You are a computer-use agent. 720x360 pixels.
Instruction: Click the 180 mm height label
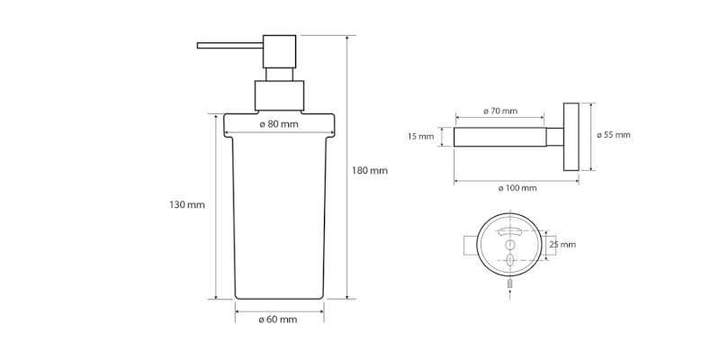370,171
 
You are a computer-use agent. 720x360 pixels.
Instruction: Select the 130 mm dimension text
186,205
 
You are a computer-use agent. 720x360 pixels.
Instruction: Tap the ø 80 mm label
278,124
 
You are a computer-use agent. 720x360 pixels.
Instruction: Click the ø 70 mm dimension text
499,111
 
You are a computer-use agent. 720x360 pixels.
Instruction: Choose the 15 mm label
420,137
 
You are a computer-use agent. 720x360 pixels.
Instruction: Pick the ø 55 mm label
613,135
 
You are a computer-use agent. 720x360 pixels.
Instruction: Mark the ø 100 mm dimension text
517,188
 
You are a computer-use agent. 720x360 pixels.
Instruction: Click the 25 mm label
562,244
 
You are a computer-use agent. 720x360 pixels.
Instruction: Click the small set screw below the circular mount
509,283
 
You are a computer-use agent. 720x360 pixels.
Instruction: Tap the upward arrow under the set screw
509,292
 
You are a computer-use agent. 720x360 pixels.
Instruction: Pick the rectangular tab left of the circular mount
469,245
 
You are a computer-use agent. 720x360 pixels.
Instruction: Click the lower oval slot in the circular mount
509,260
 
